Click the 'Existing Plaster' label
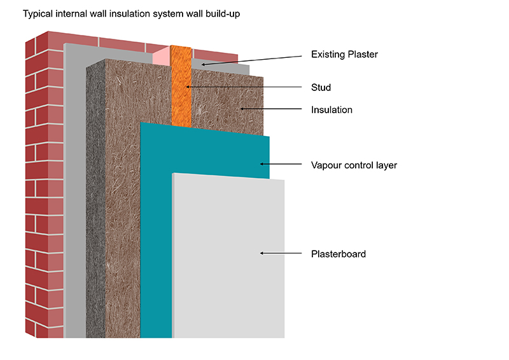pyautogui.click(x=344, y=55)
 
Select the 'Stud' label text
pyautogui.click(x=321, y=87)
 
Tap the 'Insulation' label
pyautogui.click(x=331, y=110)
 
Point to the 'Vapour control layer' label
pyautogui.click(x=354, y=165)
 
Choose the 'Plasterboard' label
pyautogui.click(x=338, y=254)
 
